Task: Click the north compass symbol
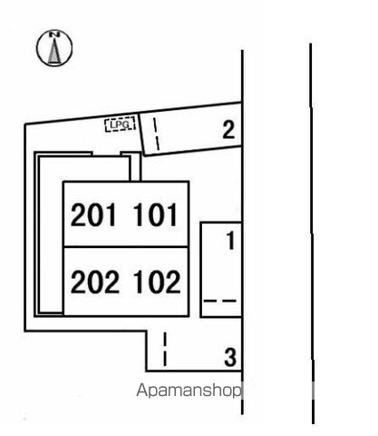[54, 48]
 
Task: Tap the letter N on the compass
[54, 35]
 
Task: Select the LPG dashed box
[120, 124]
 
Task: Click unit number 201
[93, 214]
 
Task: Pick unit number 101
[155, 214]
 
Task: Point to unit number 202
[95, 282]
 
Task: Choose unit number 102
[157, 282]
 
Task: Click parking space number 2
[228, 130]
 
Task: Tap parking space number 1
[231, 241]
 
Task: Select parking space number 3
[230, 357]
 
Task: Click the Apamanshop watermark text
[189, 391]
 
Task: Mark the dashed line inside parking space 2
[156, 134]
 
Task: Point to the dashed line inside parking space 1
[220, 301]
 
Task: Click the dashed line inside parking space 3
[165, 349]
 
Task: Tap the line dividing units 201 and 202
[126, 247]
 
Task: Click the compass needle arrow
[54, 50]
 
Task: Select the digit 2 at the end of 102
[173, 282]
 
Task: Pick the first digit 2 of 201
[78, 214]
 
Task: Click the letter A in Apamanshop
[142, 390]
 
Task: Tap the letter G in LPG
[126, 124]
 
